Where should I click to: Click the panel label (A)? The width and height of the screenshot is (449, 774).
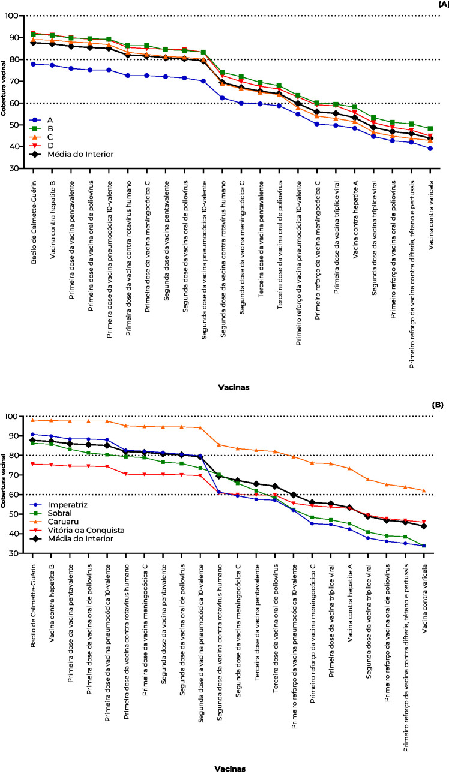442,4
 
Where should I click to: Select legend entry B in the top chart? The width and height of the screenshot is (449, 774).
53,128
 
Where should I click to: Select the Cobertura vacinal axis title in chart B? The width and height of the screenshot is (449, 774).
4,477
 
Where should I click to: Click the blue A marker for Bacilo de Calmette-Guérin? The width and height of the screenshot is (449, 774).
34,64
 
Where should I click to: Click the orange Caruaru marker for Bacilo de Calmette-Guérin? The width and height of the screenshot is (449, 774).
34,420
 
